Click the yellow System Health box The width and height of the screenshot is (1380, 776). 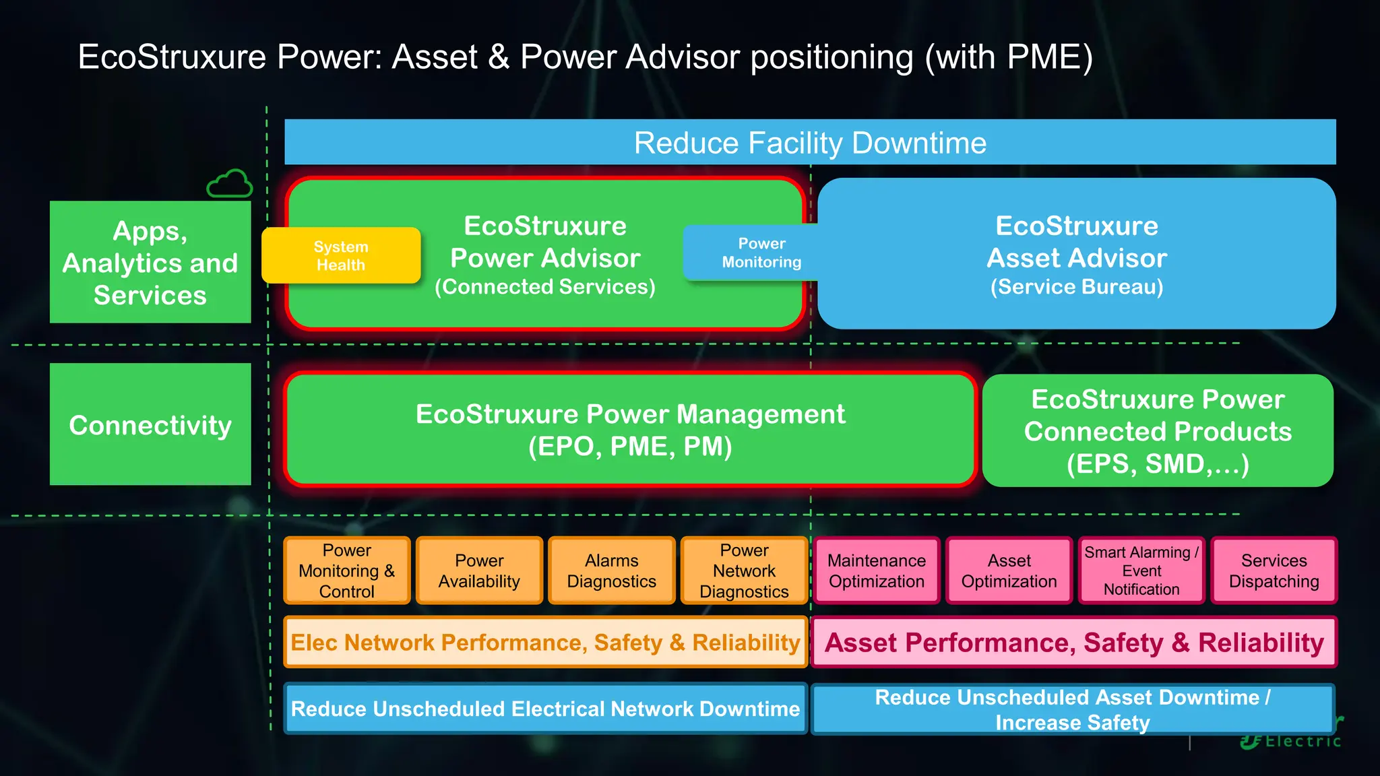(341, 255)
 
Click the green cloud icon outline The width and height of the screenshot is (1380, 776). (230, 184)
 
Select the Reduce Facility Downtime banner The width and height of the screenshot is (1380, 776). (810, 143)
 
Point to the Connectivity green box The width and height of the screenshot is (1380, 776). (150, 424)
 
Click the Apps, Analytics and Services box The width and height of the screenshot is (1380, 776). (150, 262)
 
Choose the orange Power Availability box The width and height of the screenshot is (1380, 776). (479, 571)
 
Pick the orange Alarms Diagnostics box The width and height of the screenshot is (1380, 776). (611, 571)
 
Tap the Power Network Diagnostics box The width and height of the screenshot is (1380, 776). (744, 571)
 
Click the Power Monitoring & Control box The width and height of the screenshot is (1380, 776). (346, 571)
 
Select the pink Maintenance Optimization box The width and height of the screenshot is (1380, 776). (876, 571)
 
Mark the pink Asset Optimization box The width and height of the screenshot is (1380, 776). (1009, 571)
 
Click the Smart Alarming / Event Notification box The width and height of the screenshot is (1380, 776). (1141, 571)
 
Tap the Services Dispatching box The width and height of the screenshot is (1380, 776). (1274, 571)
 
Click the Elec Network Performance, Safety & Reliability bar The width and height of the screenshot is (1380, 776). (545, 643)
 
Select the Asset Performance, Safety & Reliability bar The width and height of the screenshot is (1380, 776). (1074, 643)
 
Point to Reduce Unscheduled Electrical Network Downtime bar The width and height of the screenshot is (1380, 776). (545, 709)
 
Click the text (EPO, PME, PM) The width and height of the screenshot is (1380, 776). (629, 447)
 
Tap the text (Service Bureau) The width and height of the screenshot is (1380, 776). (1076, 287)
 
